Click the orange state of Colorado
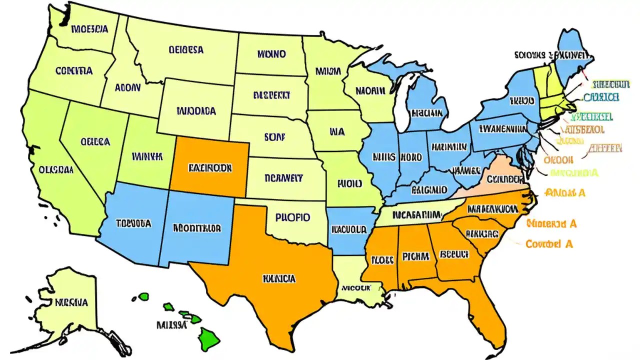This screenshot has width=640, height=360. coord(210,167)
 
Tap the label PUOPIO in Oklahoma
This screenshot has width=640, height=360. coord(292,217)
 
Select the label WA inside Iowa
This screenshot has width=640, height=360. coord(337,132)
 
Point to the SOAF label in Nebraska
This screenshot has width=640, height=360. coord(273,135)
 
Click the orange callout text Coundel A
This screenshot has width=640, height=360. coord(549,244)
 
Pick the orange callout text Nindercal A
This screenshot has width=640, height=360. coord(551,223)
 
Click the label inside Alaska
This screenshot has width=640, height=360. coord(71,302)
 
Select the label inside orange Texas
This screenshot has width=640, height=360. coord(278,278)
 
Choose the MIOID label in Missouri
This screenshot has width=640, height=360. coord(349,183)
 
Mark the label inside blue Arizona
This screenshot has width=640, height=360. coord(133,223)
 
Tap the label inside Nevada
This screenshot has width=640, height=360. coord(95,141)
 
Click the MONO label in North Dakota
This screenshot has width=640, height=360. coord(271,53)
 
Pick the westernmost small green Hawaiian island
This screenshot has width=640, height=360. coord(144,296)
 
